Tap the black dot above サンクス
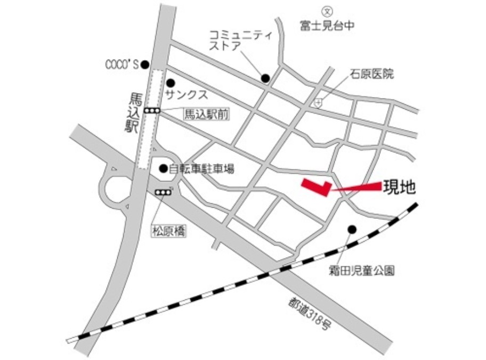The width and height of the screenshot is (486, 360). (171, 83)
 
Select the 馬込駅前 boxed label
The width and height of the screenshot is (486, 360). (205, 113)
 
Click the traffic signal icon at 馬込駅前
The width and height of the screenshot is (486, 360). (153, 110)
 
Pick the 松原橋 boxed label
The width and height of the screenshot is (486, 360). (169, 232)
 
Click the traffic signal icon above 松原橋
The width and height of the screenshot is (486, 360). (163, 192)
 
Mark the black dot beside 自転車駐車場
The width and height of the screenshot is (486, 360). (164, 169)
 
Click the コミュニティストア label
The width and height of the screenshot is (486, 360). (234, 41)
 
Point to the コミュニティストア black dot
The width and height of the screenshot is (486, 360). (265, 79)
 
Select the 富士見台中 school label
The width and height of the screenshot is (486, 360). (327, 24)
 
